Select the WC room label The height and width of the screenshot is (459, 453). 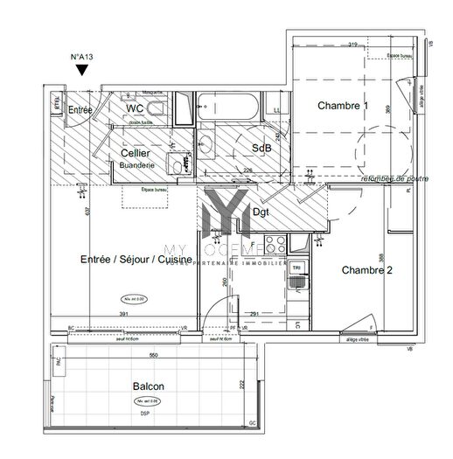[135, 108]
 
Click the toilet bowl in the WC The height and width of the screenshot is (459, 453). [156, 108]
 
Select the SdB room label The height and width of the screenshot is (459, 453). [261, 148]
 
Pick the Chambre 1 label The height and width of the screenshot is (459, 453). [343, 107]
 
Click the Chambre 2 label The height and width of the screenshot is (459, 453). [366, 270]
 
